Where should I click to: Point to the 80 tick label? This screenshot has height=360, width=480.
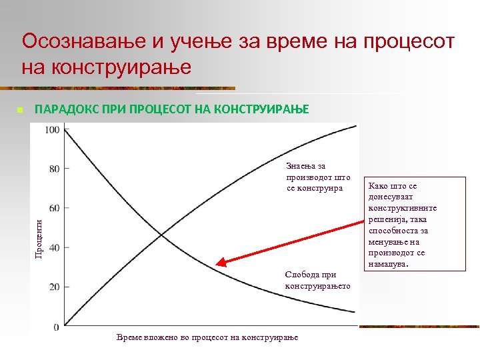54,169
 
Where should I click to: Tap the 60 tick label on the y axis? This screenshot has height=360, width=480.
54,208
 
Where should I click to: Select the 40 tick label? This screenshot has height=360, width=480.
54,247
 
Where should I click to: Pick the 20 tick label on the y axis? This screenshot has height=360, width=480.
54,287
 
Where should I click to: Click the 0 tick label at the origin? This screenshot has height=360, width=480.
56,327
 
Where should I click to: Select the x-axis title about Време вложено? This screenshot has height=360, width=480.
207,337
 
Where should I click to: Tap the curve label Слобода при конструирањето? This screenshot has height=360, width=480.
317,280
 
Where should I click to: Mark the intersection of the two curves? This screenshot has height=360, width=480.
162,233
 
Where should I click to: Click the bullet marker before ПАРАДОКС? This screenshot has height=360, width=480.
20,109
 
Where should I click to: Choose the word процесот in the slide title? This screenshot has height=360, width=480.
406,42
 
